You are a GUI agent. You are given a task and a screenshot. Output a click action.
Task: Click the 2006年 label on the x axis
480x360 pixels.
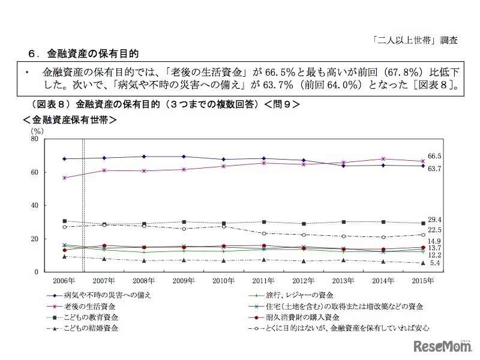click(x=64, y=280)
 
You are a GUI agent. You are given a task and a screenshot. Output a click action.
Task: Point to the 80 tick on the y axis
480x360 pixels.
click(x=35, y=139)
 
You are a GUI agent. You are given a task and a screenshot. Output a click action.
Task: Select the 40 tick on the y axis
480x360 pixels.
click(x=35, y=206)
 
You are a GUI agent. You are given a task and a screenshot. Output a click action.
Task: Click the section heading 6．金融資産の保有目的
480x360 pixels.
click(x=83, y=53)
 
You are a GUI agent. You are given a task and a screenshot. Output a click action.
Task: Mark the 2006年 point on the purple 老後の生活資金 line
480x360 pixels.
click(x=64, y=178)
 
